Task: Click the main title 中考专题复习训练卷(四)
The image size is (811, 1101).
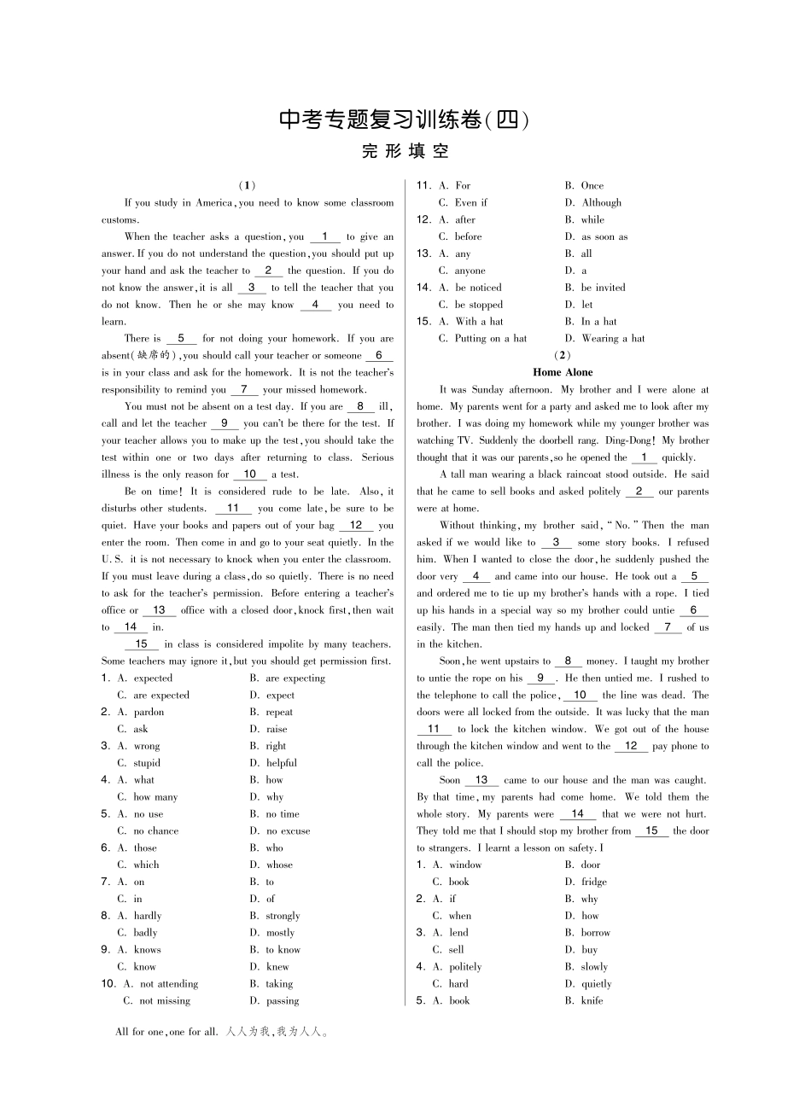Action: pyautogui.click(x=405, y=120)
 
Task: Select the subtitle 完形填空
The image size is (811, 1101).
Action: pyautogui.click(x=405, y=152)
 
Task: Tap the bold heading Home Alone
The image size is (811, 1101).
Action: pyautogui.click(x=562, y=372)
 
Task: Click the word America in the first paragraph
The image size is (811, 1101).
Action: pyautogui.click(x=213, y=203)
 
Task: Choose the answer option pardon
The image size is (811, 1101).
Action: pyautogui.click(x=149, y=712)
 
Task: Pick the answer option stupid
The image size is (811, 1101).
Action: pyautogui.click(x=147, y=763)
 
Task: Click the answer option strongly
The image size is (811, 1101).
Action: pyautogui.click(x=283, y=916)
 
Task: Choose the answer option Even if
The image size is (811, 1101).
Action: pyautogui.click(x=471, y=203)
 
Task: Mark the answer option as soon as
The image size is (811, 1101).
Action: pyautogui.click(x=604, y=237)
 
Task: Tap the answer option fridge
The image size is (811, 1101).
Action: pyautogui.click(x=594, y=882)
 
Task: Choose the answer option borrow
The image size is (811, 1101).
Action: pyautogui.click(x=596, y=933)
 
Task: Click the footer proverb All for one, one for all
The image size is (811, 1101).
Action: pyautogui.click(x=166, y=1032)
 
